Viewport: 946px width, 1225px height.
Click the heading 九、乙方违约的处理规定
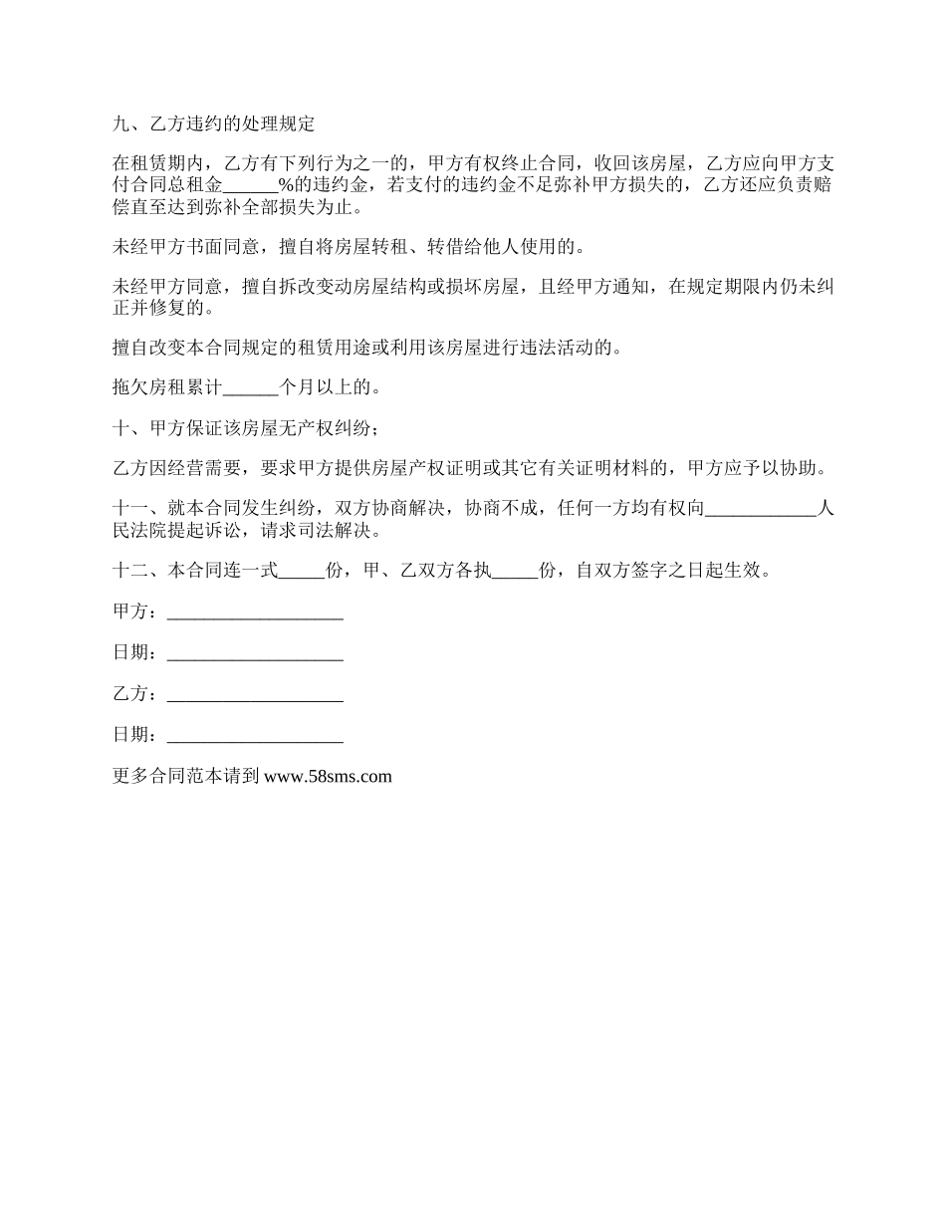tap(214, 124)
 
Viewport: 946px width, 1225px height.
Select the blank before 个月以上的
tap(253, 386)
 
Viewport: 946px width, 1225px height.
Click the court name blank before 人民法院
tap(760, 509)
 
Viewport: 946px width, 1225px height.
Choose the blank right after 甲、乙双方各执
tap(515, 571)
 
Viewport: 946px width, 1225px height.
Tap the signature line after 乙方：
tap(255, 693)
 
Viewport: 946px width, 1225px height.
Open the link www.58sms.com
tap(328, 776)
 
